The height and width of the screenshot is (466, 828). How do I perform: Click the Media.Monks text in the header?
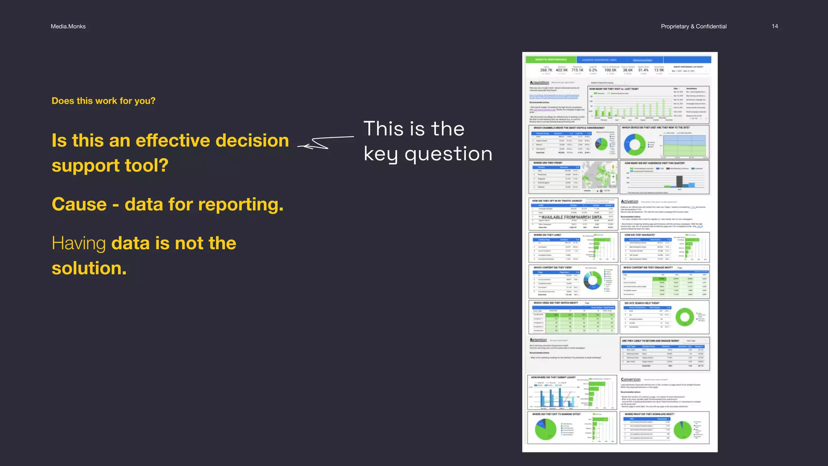pos(68,26)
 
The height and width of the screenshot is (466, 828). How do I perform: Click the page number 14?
pos(775,26)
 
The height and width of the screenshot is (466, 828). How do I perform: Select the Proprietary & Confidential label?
pos(693,26)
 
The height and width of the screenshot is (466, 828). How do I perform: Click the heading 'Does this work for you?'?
pos(103,101)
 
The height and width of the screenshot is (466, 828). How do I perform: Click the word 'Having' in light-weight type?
pos(79,244)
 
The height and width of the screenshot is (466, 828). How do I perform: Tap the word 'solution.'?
pos(89,268)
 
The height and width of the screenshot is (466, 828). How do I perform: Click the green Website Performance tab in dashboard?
pos(551,59)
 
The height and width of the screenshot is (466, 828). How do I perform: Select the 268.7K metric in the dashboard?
pos(546,70)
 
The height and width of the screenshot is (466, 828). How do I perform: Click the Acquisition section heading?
pos(539,83)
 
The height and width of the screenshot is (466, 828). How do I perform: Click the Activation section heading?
pos(629,201)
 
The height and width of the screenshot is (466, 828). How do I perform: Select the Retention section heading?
pos(538,340)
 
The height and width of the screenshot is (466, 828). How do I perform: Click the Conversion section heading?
pos(631,379)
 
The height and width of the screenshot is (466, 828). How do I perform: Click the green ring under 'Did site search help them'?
pos(684,317)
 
